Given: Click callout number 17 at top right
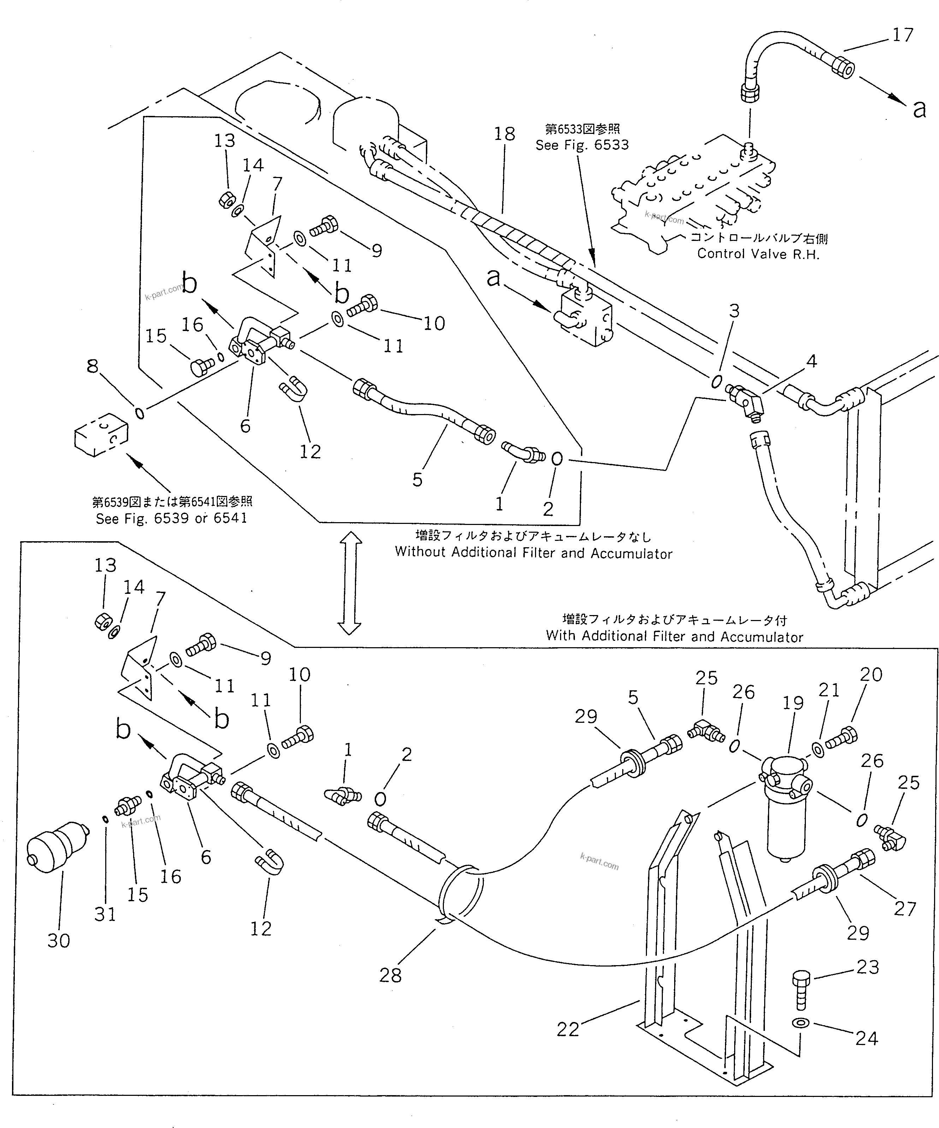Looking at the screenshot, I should pyautogui.click(x=903, y=35).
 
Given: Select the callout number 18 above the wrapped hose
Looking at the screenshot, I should pyautogui.click(x=504, y=134).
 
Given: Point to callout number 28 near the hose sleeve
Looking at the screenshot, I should pyautogui.click(x=390, y=975).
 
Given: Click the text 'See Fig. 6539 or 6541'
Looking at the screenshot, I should pyautogui.click(x=171, y=518).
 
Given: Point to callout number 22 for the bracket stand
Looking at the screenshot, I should pyautogui.click(x=567, y=1029).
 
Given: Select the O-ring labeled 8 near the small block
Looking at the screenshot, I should pyautogui.click(x=139, y=414).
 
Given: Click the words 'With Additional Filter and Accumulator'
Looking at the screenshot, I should pyautogui.click(x=674, y=637).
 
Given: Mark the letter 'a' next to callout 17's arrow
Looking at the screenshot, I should pyautogui.click(x=919, y=109).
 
